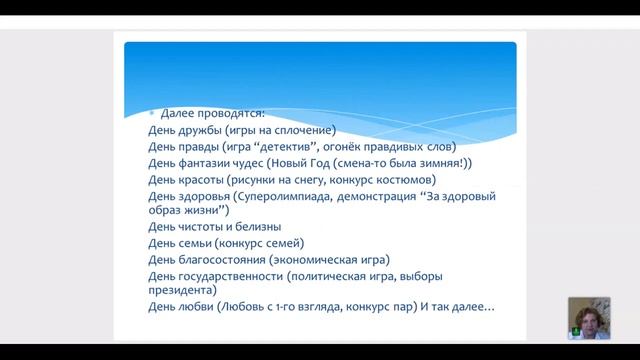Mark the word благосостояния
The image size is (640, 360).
pos(222,259)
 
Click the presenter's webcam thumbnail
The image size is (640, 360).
pos(589,319)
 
